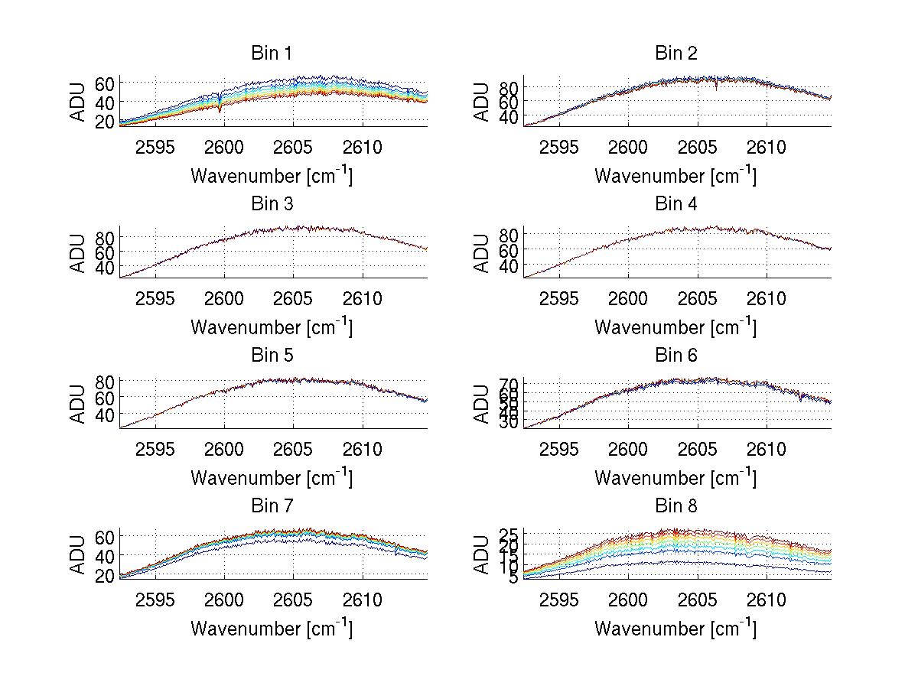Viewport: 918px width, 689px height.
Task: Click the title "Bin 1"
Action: click(x=272, y=54)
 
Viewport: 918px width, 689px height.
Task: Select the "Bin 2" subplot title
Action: click(x=676, y=54)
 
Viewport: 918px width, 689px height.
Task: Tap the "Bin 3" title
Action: click(x=272, y=204)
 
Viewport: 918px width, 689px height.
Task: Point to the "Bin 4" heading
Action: click(x=676, y=204)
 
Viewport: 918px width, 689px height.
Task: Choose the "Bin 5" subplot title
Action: click(x=272, y=356)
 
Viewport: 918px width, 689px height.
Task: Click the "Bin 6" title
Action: click(x=676, y=356)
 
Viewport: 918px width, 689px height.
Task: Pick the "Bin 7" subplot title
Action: click(x=272, y=506)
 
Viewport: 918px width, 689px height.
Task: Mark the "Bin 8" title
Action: click(x=676, y=506)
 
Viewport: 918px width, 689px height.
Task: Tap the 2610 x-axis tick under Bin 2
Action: click(x=767, y=147)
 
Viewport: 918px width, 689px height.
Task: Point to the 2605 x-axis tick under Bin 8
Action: click(x=698, y=600)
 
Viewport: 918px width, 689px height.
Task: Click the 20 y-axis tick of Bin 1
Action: click(x=105, y=122)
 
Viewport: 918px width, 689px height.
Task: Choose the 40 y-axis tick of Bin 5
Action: click(x=105, y=414)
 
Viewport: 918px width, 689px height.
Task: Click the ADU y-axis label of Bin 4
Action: click(x=481, y=253)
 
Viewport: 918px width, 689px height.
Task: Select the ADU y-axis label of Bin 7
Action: click(x=77, y=555)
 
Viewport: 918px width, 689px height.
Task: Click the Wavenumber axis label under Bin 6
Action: click(x=675, y=478)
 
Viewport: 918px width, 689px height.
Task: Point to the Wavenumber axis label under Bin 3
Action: click(x=272, y=327)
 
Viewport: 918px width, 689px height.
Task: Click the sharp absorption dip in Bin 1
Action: click(x=220, y=108)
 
